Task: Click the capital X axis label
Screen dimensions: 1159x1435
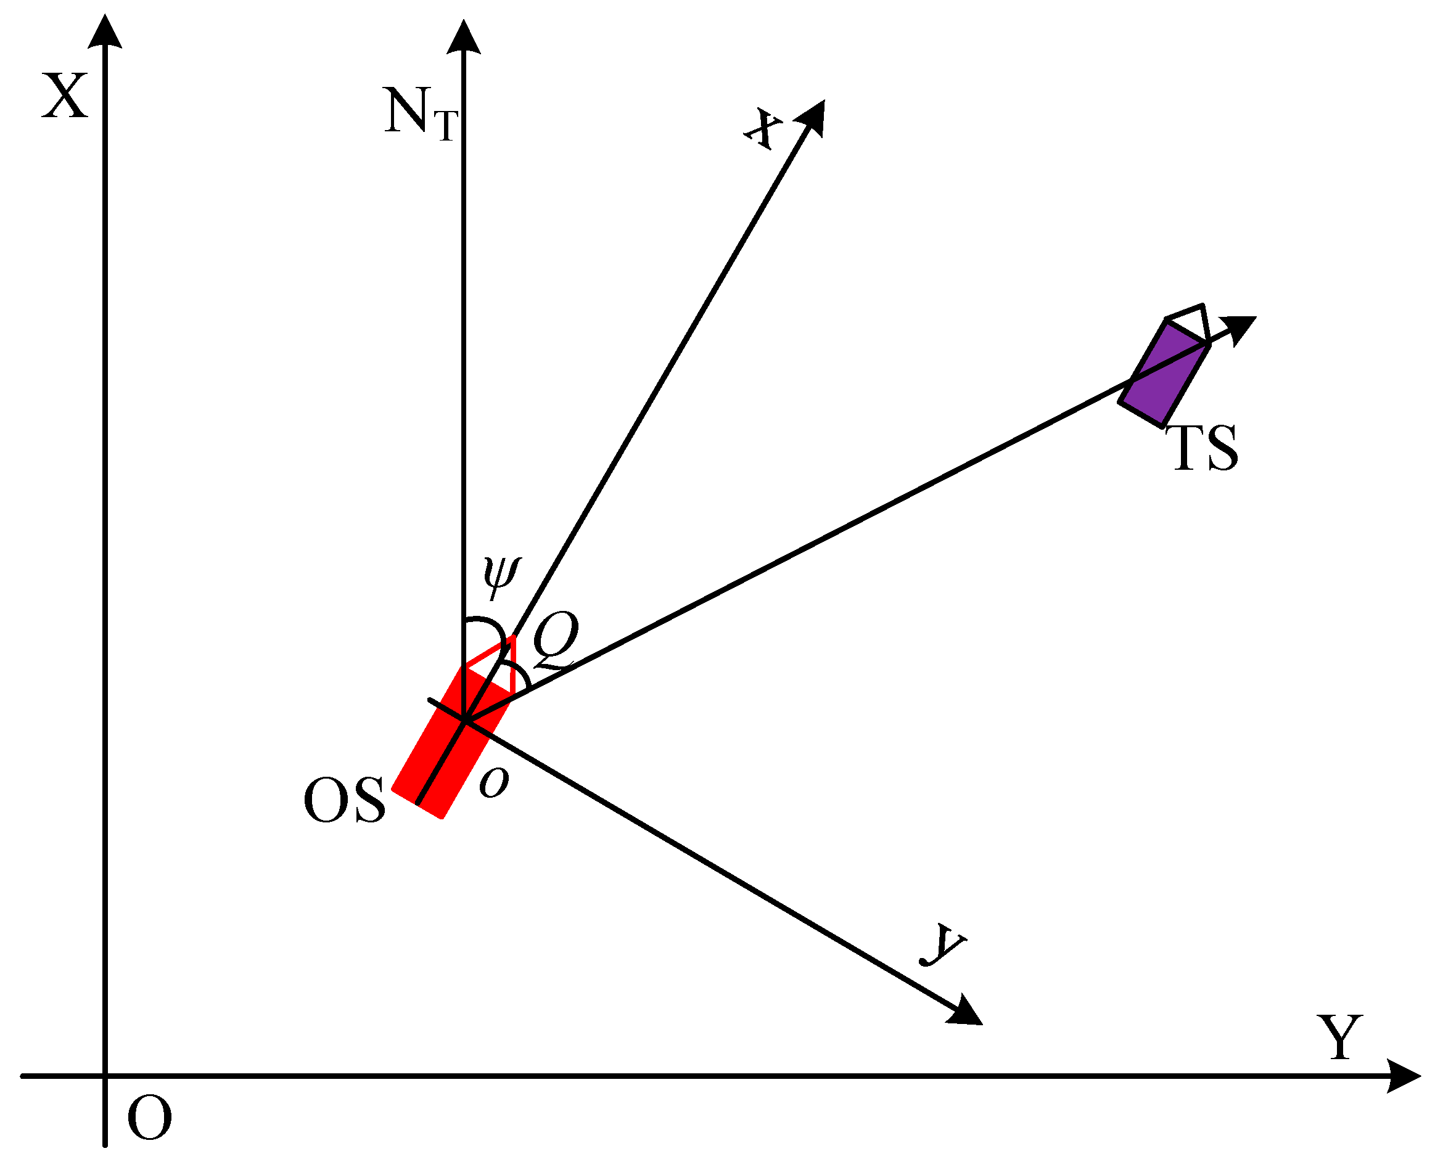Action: click(x=64, y=97)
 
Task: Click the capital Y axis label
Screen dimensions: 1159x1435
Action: click(x=1339, y=1038)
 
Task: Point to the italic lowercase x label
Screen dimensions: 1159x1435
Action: click(x=764, y=128)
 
